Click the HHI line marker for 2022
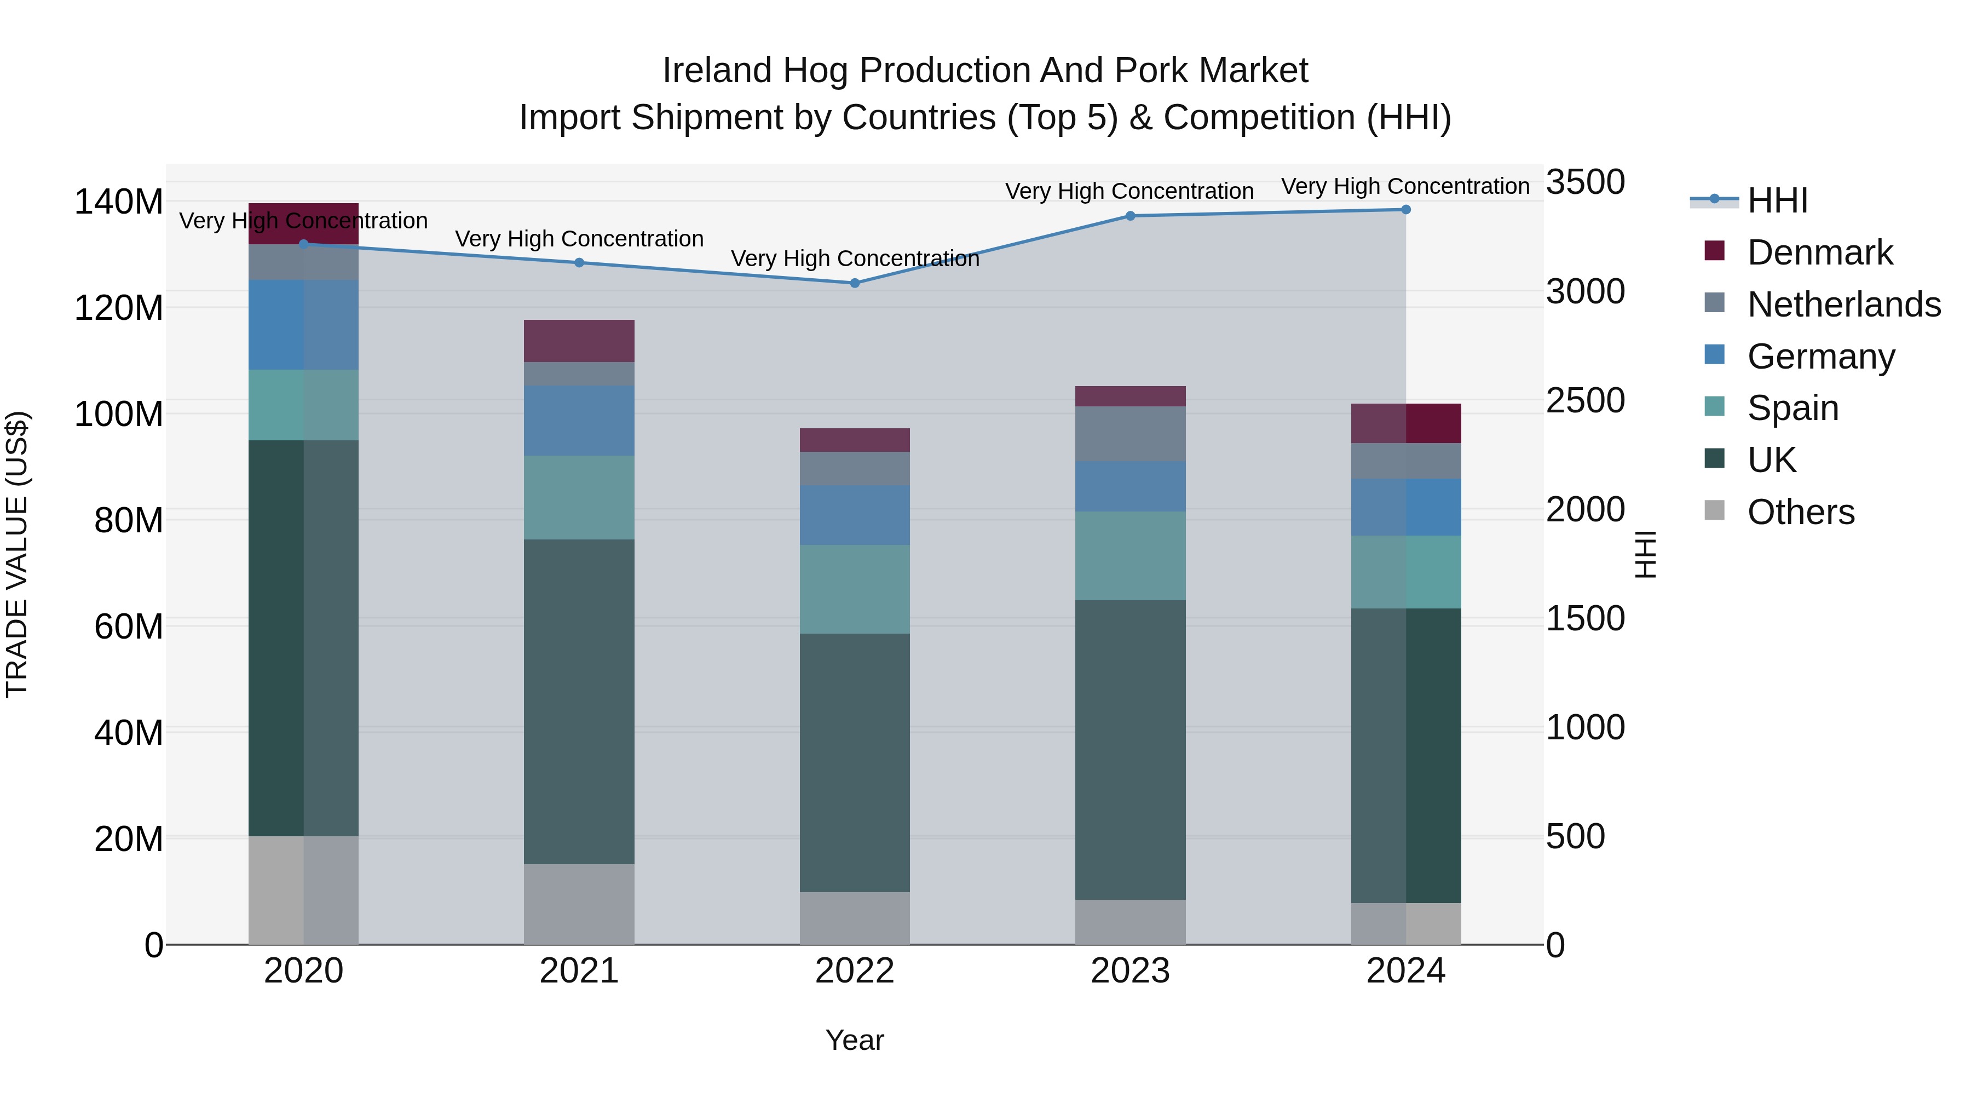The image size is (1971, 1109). (x=855, y=283)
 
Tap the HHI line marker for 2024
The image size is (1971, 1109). (x=1405, y=210)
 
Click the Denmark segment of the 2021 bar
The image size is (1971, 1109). (x=579, y=341)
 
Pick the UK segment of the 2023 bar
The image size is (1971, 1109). (x=1130, y=750)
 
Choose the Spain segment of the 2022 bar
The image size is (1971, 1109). (x=855, y=589)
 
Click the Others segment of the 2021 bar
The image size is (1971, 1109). (x=579, y=905)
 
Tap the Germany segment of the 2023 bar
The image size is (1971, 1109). (x=1130, y=487)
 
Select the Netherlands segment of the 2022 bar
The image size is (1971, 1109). (x=855, y=468)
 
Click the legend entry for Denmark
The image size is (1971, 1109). (x=1819, y=252)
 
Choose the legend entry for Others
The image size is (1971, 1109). (x=1800, y=512)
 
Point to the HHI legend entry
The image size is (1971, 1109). (x=1777, y=200)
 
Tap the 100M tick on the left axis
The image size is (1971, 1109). (x=119, y=414)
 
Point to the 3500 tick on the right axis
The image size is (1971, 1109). (x=1586, y=182)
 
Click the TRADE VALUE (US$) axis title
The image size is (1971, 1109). (x=17, y=554)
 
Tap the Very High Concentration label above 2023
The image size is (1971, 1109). (x=1129, y=191)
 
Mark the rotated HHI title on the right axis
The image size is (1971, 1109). (x=1645, y=554)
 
